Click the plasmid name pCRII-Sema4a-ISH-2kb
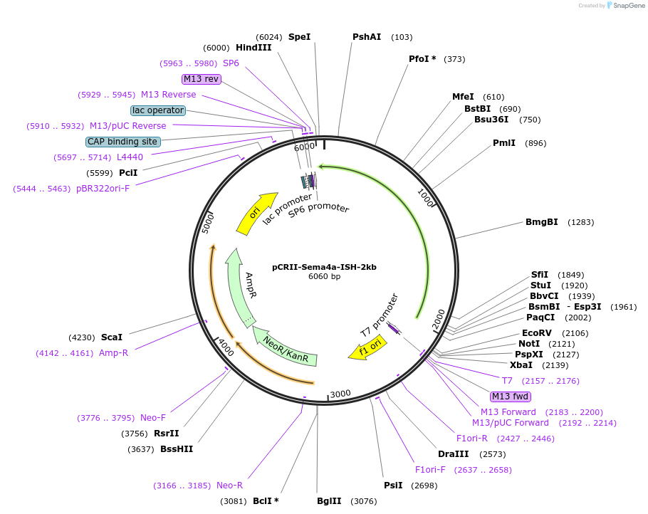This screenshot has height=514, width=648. click(x=324, y=267)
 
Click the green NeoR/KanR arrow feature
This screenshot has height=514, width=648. click(x=286, y=349)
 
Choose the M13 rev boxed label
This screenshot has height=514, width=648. click(x=202, y=79)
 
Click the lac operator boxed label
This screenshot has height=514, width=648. click(x=158, y=110)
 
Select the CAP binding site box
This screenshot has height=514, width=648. click(x=122, y=142)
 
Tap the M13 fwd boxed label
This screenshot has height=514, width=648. click(x=511, y=397)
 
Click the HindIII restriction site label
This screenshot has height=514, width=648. click(x=254, y=48)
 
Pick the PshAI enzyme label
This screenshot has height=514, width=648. click(x=367, y=37)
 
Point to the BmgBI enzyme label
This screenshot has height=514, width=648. click(x=541, y=222)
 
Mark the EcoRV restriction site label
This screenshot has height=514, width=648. click(x=537, y=333)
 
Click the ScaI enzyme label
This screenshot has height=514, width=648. click(x=112, y=337)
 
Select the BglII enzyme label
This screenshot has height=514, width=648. click(x=330, y=500)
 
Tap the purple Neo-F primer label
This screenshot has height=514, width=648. click(x=153, y=418)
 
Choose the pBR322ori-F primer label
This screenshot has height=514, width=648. click(x=108, y=189)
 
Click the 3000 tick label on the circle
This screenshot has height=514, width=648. click(x=340, y=394)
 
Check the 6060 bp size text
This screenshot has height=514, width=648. click(x=324, y=277)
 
